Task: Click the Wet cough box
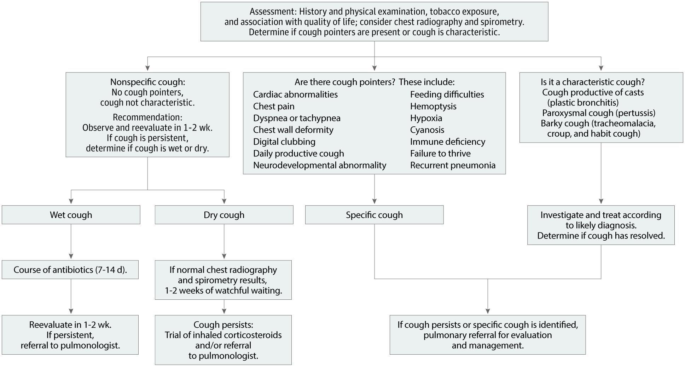(71, 215)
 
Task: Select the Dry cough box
(224, 215)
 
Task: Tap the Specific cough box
(374, 215)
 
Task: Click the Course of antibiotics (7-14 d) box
(70, 270)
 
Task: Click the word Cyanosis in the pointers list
(427, 130)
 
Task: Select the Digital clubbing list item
(284, 142)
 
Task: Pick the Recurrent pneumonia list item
(453, 165)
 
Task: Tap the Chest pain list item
(274, 106)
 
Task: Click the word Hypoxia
(426, 118)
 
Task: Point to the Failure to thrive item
(440, 153)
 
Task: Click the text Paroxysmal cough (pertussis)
(599, 113)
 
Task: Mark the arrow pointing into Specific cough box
(375, 189)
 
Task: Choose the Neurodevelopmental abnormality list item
(320, 165)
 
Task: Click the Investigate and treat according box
(601, 225)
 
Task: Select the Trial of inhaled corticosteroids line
(223, 335)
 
